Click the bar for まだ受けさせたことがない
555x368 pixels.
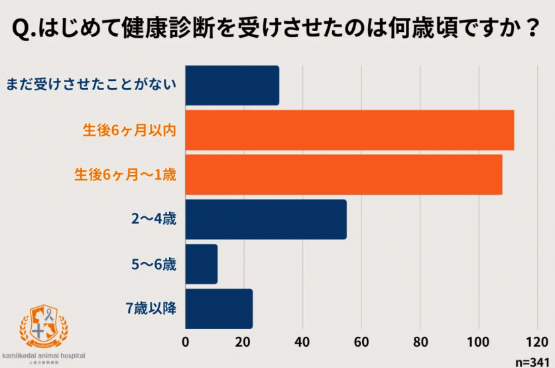pos(232,86)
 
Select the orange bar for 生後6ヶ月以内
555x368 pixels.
pos(349,131)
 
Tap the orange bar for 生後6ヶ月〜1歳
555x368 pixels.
pos(343,175)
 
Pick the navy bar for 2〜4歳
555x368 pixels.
pos(266,219)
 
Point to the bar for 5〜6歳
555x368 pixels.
pos(202,264)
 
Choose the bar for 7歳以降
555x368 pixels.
pos(219,308)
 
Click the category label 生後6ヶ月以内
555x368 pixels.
pos(129,131)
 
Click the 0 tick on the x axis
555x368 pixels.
pos(186,343)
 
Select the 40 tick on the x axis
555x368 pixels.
pos(302,343)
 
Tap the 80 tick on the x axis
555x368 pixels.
pos(420,343)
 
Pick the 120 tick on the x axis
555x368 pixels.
pos(536,343)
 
